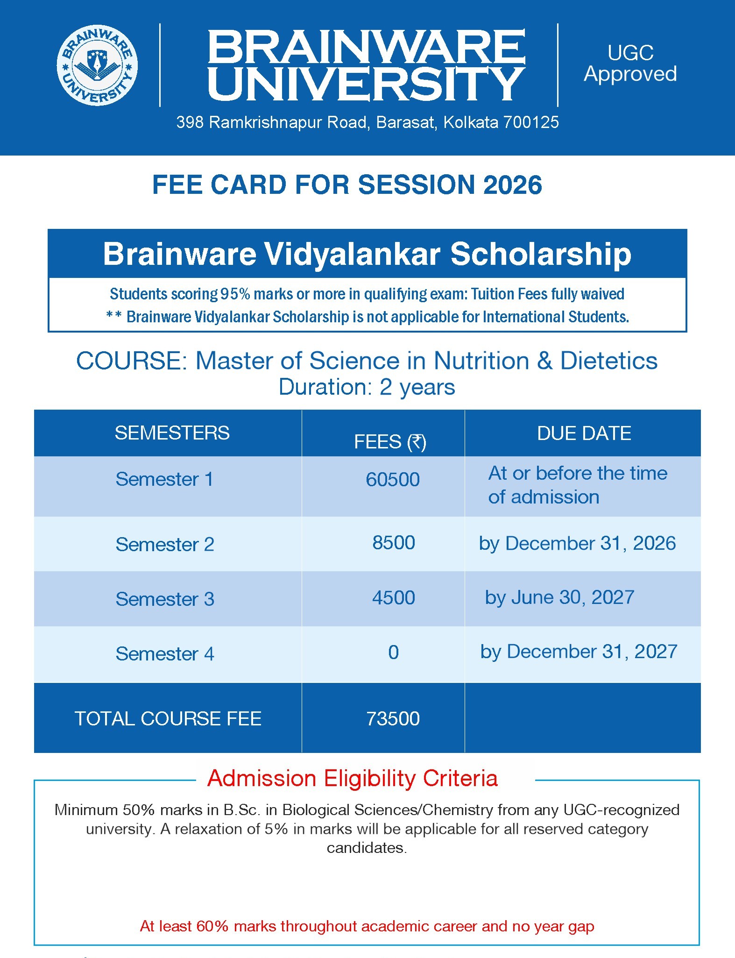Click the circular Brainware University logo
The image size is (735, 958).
click(x=97, y=65)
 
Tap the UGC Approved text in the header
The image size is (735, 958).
click(x=630, y=64)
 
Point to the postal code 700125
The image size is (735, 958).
click(x=531, y=122)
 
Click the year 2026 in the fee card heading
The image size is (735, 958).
click(x=513, y=185)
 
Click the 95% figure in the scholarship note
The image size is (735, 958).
click(x=236, y=294)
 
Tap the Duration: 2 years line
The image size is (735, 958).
click(x=367, y=387)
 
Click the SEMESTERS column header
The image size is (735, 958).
click(x=172, y=433)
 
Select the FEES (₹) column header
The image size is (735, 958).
click(x=390, y=442)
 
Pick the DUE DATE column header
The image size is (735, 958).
click(x=584, y=433)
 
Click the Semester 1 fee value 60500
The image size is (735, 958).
click(x=393, y=480)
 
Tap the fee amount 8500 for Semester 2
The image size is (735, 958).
click(x=394, y=543)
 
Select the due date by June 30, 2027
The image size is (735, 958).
click(x=559, y=598)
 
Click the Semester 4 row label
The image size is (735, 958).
click(x=165, y=654)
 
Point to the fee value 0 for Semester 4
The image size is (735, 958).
click(x=394, y=653)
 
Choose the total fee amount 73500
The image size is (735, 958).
click(x=393, y=719)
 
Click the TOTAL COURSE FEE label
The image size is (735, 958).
click(x=168, y=719)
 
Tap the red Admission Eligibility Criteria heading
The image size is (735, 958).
click(x=353, y=779)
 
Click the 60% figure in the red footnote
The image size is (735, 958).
click(x=212, y=926)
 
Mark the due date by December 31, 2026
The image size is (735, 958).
click(x=578, y=544)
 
